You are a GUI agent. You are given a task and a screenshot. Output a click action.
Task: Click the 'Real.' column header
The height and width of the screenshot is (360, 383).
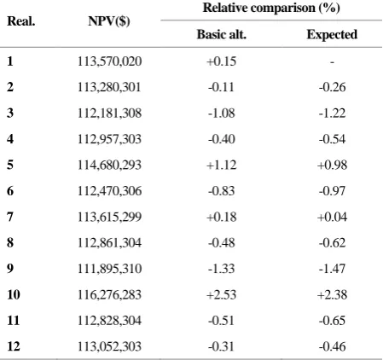(21, 21)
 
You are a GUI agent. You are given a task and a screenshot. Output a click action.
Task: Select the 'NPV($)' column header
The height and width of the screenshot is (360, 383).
(109, 21)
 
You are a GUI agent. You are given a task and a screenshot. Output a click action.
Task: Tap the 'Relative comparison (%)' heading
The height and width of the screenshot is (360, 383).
(271, 8)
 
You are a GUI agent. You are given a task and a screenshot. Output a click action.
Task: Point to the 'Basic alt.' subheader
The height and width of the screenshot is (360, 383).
(222, 34)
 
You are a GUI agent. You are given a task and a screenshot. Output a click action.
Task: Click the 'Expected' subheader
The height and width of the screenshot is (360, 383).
(332, 35)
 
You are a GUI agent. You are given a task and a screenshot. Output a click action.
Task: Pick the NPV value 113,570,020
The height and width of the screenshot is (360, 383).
(109, 61)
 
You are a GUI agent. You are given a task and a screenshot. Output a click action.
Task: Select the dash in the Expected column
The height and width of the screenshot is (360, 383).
(332, 61)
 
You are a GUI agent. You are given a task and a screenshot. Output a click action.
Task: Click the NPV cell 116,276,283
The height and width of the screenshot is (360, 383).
(109, 294)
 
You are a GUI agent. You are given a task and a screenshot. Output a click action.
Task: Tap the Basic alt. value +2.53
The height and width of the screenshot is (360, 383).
(222, 294)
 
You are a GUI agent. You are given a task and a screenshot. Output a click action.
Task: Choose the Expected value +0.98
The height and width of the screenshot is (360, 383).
(332, 165)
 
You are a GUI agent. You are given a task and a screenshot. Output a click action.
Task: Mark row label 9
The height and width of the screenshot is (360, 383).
(10, 269)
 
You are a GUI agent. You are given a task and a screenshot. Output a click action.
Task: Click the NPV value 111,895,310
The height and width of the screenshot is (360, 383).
(109, 269)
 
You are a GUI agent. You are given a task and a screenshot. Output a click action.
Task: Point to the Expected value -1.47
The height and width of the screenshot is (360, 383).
(332, 269)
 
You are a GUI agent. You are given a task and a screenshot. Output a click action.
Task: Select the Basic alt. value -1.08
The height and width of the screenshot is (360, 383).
(222, 113)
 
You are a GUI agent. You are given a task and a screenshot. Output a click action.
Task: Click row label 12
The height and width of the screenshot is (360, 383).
(14, 346)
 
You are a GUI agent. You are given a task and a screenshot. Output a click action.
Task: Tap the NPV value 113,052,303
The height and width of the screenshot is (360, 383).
(109, 346)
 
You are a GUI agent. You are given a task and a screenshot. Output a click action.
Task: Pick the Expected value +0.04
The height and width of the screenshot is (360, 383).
(332, 217)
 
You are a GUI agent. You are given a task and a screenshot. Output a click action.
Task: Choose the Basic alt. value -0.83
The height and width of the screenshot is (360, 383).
(222, 191)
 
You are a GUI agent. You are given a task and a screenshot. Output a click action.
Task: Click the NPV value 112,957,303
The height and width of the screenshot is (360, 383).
(109, 139)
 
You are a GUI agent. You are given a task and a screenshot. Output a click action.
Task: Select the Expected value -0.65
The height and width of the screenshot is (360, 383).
(332, 321)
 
